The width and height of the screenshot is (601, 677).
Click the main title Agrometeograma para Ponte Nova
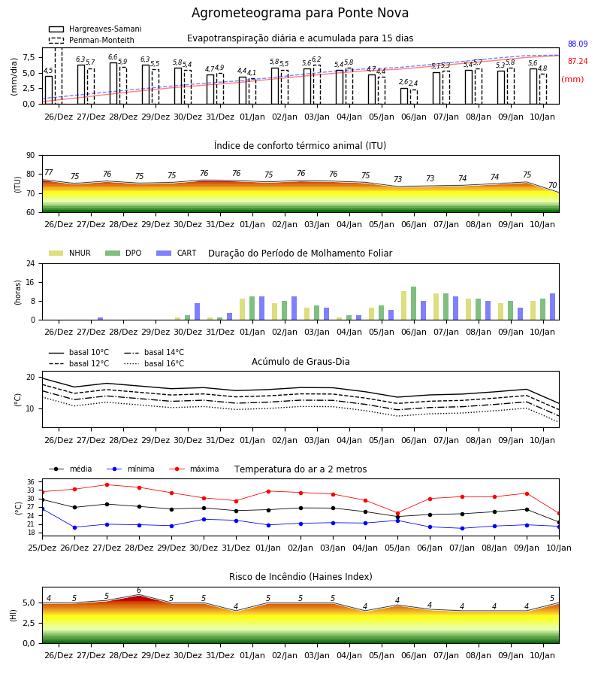point(300,13)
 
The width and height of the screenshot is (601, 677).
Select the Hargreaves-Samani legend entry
point(95,29)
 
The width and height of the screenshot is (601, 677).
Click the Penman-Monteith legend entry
point(92,40)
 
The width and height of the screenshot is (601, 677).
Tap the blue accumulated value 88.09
point(578,44)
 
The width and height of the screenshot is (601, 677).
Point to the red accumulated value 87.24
point(578,62)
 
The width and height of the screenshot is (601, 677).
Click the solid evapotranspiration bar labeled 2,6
point(404,96)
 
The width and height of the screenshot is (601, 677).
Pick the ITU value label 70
point(552,185)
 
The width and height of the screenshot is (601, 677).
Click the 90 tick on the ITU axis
point(31,156)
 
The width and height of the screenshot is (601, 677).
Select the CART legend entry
point(177,253)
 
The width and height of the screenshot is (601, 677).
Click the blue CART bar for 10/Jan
point(552,307)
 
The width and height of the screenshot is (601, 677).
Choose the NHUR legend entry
point(70,253)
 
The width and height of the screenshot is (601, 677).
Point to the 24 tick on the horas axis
point(31,263)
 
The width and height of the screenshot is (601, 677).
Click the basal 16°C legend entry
point(154,363)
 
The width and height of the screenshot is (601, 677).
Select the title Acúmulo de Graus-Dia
point(300,361)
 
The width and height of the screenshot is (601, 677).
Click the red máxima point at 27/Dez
point(107,484)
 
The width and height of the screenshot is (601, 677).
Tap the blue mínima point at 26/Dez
point(74,527)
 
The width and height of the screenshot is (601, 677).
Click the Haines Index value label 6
point(139,590)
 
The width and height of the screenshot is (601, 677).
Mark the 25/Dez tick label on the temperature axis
point(42,548)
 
